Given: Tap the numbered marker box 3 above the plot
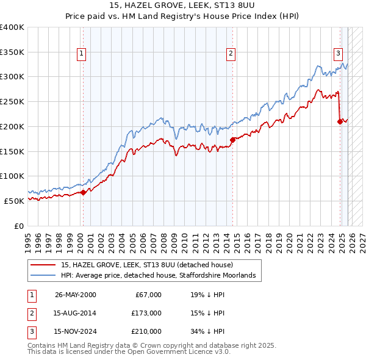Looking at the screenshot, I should click(x=338, y=52).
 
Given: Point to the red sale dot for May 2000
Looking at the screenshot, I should click(x=83, y=192).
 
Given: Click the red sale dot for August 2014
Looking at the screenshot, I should click(x=232, y=140).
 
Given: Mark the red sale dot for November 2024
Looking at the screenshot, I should click(x=340, y=121).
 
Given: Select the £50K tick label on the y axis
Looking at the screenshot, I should click(x=15, y=201).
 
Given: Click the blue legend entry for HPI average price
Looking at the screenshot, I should click(x=161, y=276).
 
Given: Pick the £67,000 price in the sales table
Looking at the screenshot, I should click(x=148, y=295).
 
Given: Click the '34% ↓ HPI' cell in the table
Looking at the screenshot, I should click(x=207, y=331).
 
